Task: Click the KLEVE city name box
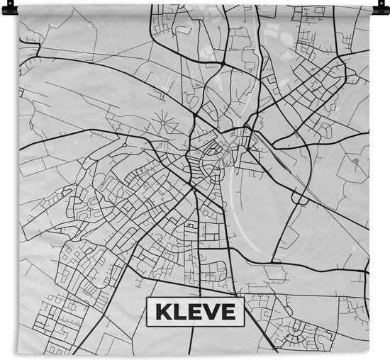pyautogui.click(x=194, y=310)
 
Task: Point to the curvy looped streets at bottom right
pyautogui.click(x=298, y=330)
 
